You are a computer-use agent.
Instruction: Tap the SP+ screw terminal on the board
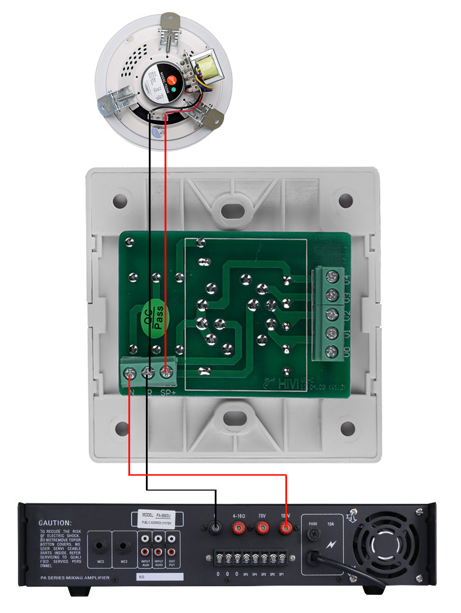click(x=168, y=371)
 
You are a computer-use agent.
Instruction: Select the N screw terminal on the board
click(x=130, y=371)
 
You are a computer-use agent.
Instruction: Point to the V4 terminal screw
click(x=333, y=274)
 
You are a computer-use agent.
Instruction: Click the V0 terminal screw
click(x=333, y=351)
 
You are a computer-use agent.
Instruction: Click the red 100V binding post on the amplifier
click(x=286, y=529)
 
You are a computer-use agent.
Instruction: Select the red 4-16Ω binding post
click(x=238, y=529)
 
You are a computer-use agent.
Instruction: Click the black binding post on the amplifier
click(x=215, y=529)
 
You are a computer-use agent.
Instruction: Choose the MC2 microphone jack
click(x=124, y=548)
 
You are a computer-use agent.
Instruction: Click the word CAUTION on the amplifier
click(x=55, y=523)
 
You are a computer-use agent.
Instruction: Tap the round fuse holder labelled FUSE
click(x=314, y=534)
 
